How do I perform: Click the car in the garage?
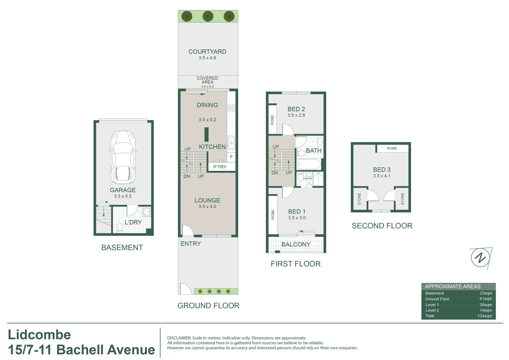123,157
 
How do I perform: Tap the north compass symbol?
480,258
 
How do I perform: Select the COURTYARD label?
207,52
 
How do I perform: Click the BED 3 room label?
382,170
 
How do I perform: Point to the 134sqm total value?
485,316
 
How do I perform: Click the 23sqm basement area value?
486,293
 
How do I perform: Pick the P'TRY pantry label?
220,167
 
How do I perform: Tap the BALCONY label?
296,244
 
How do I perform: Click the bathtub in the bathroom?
309,164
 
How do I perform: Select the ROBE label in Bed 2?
272,120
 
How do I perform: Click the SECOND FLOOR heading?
382,226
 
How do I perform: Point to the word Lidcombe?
39,335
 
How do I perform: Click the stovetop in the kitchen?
231,108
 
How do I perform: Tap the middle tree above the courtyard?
208,16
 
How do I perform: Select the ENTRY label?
191,244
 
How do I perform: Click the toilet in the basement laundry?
120,228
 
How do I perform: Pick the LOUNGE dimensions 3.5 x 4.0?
207,207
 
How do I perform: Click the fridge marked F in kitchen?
231,157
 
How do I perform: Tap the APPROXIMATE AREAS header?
452,286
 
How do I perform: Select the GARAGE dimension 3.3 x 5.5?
123,196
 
